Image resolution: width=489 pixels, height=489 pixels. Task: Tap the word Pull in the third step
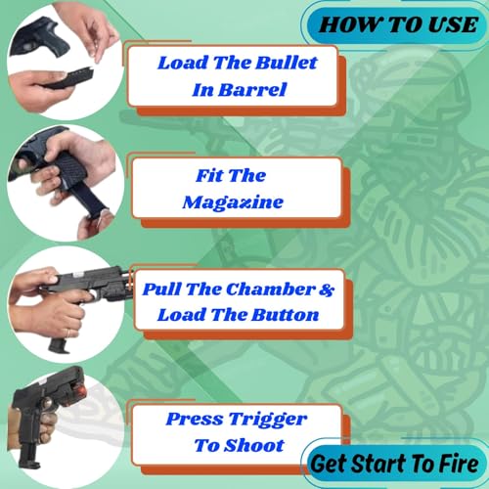coord(164,290)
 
